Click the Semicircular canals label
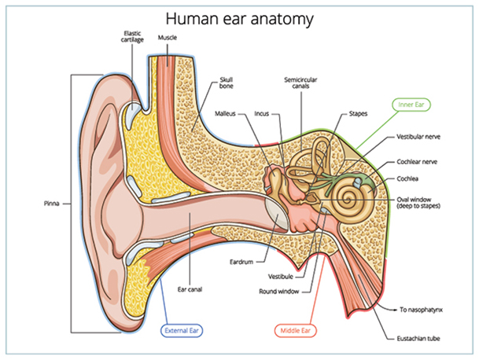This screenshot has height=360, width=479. coord(302,83)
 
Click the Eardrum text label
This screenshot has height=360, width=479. coord(241,262)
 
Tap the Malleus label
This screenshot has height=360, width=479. coord(227,113)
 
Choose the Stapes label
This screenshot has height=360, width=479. coord(358,113)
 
